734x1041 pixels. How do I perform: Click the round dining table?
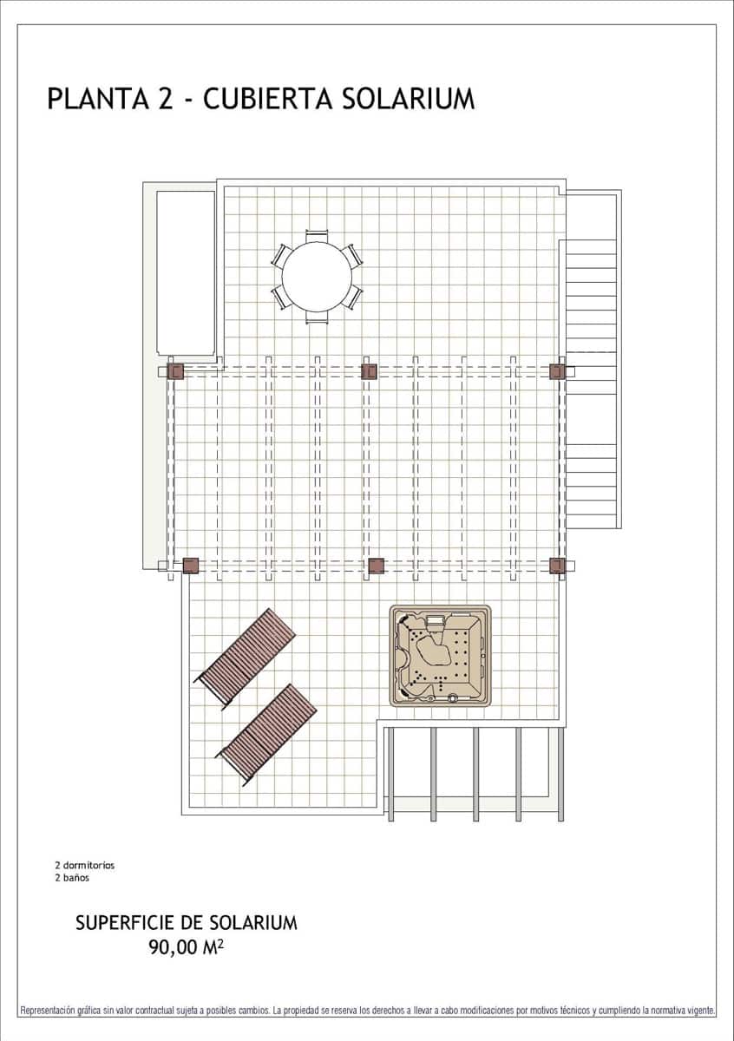(x=317, y=277)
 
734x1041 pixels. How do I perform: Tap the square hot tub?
(x=440, y=656)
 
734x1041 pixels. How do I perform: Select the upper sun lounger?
(x=246, y=658)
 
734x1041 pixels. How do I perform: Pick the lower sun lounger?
(x=266, y=733)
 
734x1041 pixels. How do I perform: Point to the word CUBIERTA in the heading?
(x=268, y=99)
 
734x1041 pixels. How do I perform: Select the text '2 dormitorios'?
(x=84, y=865)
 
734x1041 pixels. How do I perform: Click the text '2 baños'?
(x=72, y=877)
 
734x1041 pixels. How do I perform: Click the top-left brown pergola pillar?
(x=176, y=372)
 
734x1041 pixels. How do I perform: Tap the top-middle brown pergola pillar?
(x=370, y=372)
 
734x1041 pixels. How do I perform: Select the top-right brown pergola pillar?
(x=557, y=372)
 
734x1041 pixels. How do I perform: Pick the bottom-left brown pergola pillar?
(x=191, y=566)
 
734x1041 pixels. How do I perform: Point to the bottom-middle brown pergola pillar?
(x=377, y=566)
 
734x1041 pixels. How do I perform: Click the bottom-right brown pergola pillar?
(x=557, y=566)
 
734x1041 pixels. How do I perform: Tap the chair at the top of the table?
(x=317, y=235)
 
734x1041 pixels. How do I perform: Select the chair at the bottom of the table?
(x=317, y=318)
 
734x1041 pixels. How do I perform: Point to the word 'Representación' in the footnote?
(x=48, y=1011)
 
